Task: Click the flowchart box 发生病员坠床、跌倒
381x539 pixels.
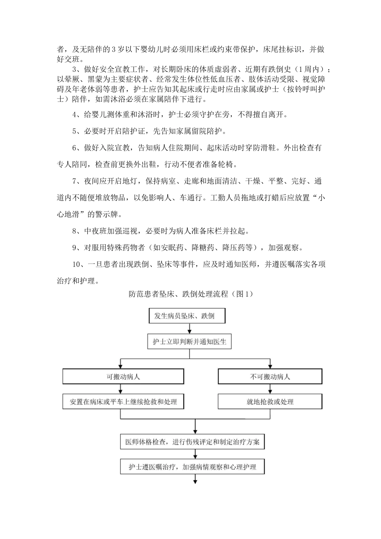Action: pos(187,316)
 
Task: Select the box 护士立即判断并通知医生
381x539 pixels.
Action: pos(190,342)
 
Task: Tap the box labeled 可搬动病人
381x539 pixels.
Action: pos(123,377)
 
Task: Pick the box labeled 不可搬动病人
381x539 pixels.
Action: pos(270,377)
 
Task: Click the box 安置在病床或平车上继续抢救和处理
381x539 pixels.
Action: pos(123,401)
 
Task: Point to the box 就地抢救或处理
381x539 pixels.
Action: pos(270,401)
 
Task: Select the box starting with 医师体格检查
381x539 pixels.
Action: pos(193,442)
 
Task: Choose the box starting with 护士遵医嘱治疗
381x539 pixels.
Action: pos(193,467)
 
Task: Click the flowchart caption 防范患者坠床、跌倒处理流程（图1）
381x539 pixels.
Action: pos(190,294)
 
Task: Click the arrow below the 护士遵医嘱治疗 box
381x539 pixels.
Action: pos(195,480)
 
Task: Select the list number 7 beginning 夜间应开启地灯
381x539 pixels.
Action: pos(74,181)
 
